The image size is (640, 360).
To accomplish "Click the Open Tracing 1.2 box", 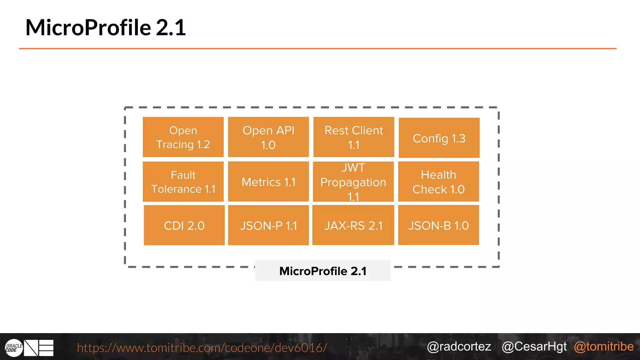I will (183, 137).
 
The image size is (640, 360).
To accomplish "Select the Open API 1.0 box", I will (268, 137).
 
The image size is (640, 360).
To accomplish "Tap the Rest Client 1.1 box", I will (354, 137).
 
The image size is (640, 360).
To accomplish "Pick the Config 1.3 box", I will (439, 138).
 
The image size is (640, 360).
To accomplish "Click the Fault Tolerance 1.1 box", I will (183, 182).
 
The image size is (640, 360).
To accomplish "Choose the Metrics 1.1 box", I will (268, 182).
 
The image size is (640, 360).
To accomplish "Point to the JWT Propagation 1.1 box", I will (353, 182).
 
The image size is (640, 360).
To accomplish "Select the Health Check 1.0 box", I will (438, 182).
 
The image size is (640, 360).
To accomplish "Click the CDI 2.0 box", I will (184, 225).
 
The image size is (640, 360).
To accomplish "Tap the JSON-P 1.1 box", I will (268, 225).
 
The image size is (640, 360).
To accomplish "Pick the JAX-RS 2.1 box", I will (353, 225).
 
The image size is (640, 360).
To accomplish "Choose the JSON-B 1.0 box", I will (438, 225).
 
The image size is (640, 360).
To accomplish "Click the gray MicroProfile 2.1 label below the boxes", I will (322, 271).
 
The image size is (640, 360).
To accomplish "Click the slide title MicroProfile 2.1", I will (106, 27).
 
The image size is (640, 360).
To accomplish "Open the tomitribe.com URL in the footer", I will (202, 347).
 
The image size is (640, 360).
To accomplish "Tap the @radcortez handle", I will (459, 347).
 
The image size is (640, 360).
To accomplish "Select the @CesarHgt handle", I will (534, 347).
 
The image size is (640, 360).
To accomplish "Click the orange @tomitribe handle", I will (604, 347).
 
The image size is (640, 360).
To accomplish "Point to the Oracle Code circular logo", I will (14, 348).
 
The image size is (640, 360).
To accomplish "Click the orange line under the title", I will (317, 48).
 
